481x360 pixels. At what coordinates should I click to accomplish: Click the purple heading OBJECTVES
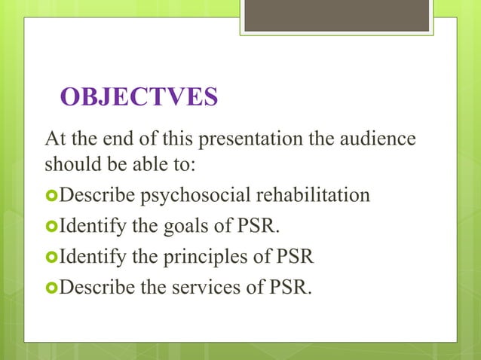[139, 98]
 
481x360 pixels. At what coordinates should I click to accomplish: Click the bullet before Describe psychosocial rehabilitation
[51, 197]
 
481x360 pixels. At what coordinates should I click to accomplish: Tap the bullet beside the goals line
[51, 227]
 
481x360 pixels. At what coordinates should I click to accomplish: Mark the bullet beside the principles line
[51, 257]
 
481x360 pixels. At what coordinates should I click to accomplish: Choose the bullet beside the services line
[51, 287]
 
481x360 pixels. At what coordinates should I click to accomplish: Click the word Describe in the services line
[93, 287]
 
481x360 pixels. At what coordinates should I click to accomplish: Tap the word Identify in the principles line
[87, 257]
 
